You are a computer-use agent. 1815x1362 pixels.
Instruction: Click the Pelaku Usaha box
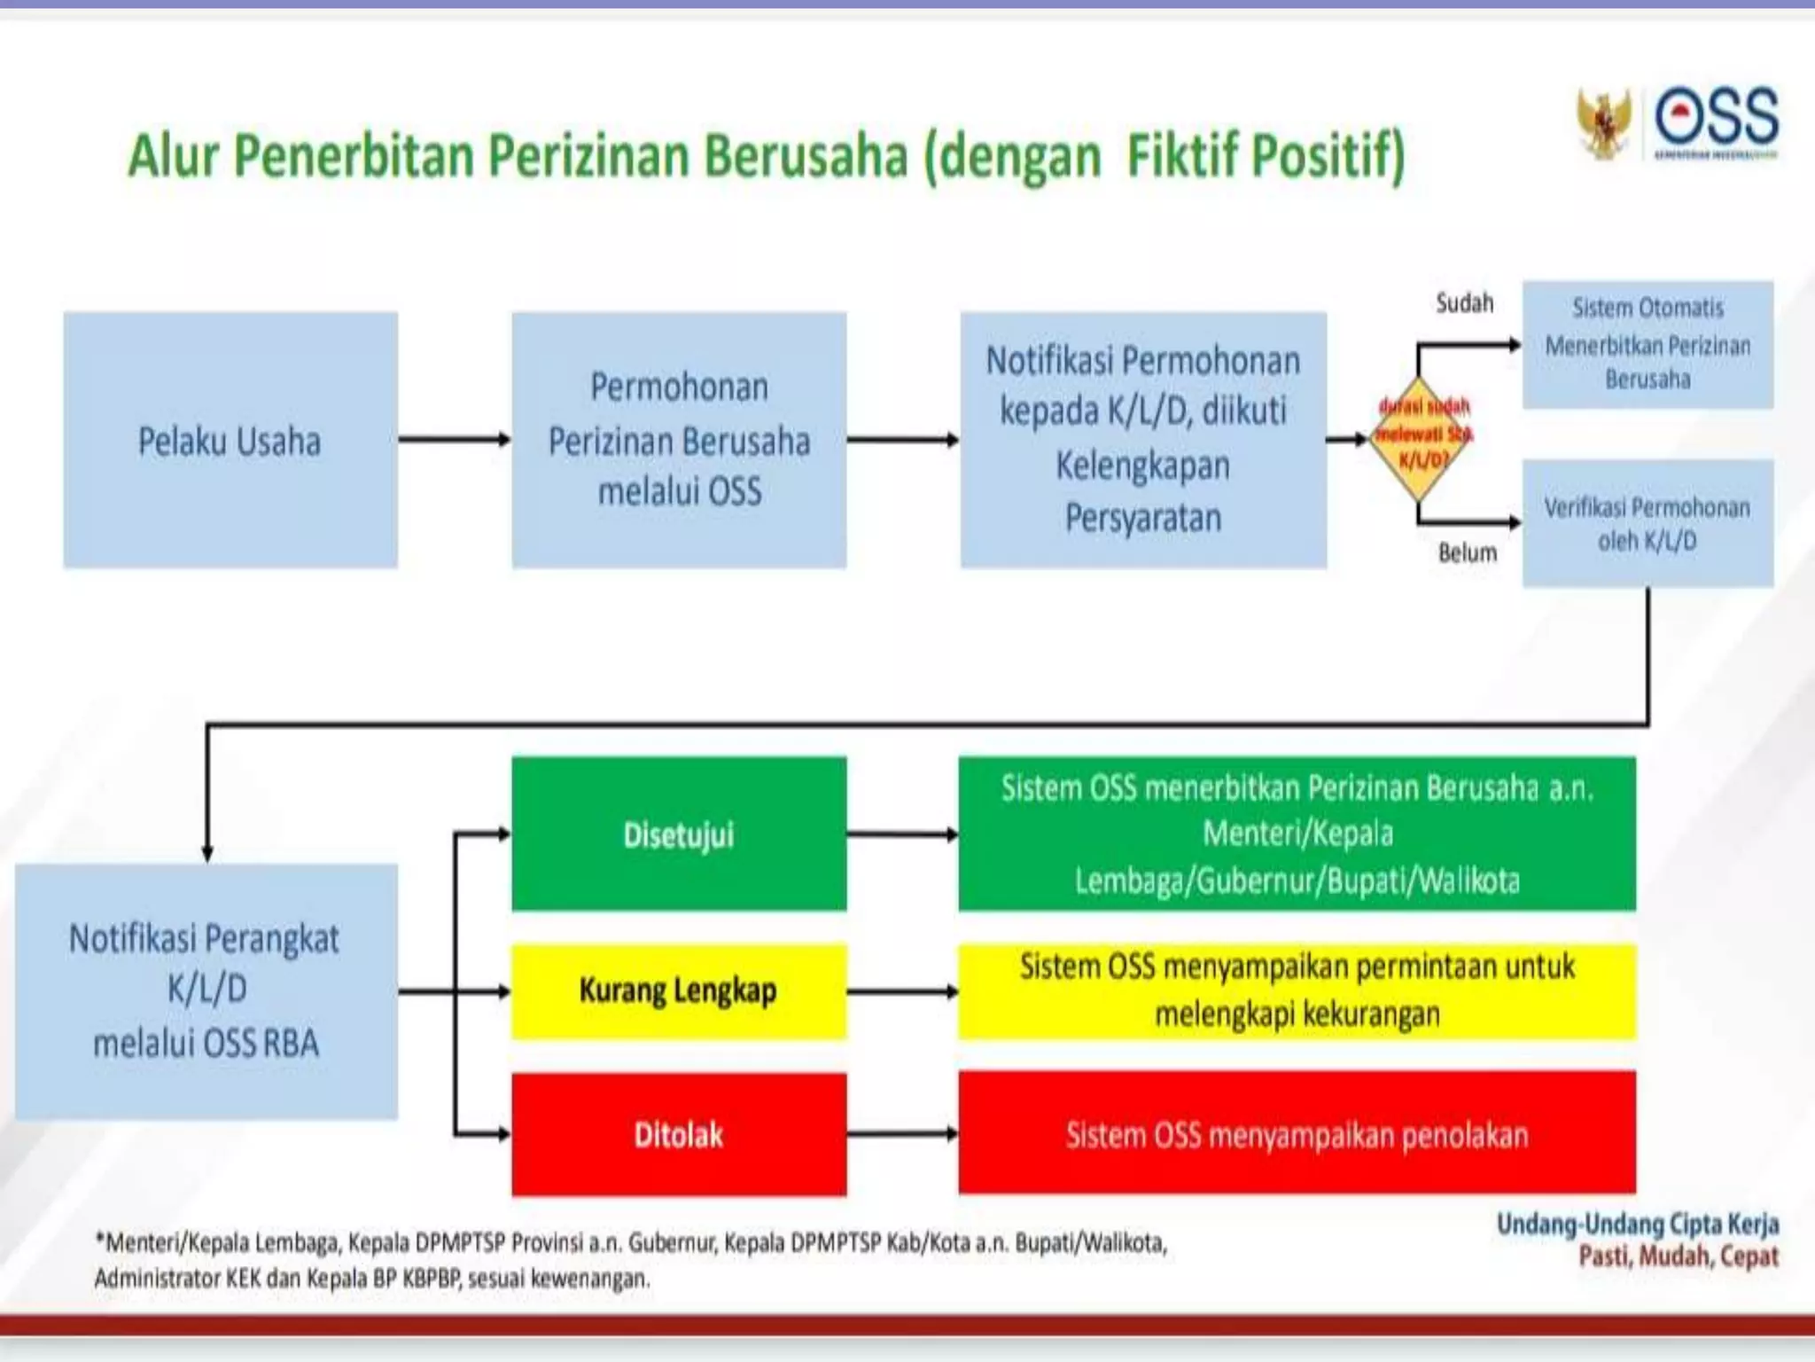point(230,440)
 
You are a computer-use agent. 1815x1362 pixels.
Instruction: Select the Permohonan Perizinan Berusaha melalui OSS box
point(679,440)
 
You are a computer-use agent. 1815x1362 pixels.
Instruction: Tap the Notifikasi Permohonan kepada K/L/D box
point(1143,440)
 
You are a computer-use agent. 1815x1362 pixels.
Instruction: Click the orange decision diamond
point(1421,438)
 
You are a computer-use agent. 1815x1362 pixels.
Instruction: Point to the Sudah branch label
point(1464,303)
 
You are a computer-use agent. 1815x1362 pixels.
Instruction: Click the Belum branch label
point(1468,553)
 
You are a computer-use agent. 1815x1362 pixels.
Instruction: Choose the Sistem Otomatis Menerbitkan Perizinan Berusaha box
point(1648,345)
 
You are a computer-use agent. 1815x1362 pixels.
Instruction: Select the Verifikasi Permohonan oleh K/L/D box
point(1648,523)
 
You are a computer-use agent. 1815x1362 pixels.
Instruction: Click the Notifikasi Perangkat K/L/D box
point(206,991)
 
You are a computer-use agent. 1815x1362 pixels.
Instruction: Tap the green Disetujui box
point(679,834)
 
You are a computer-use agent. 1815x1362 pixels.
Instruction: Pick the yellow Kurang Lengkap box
point(679,990)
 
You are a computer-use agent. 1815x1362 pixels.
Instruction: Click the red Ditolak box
point(679,1134)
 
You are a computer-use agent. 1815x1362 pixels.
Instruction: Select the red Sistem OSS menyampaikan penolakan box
point(1297,1134)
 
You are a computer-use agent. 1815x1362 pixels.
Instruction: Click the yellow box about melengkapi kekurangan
point(1297,990)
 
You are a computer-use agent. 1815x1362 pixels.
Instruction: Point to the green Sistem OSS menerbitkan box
point(1297,834)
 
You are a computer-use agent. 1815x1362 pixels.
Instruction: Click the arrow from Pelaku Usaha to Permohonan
point(455,439)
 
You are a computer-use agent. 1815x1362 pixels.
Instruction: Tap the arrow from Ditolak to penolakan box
point(902,1133)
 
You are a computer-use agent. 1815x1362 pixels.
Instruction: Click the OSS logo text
point(1717,118)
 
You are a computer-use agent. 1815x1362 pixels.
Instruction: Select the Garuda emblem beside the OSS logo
point(1604,124)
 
